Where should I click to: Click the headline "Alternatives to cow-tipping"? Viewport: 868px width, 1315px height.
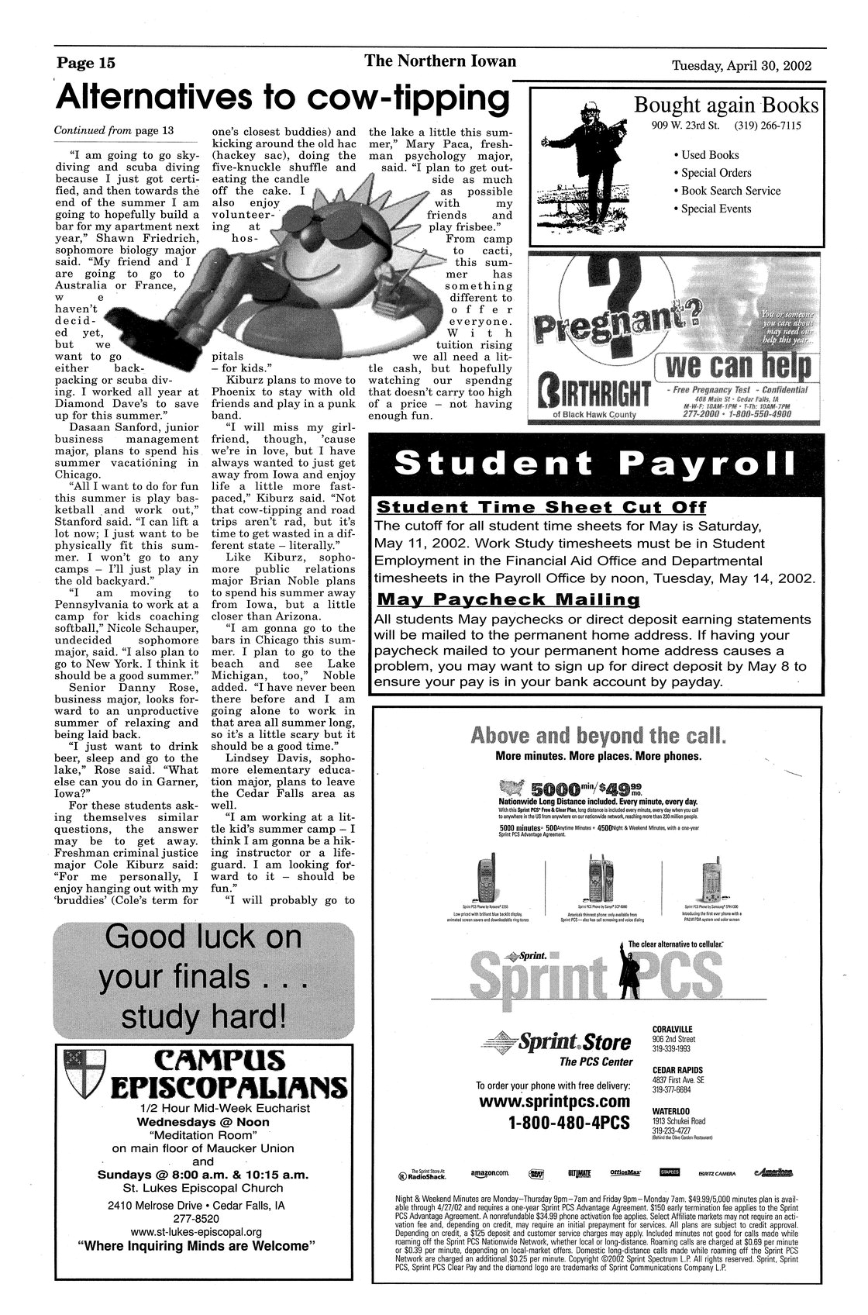tap(284, 99)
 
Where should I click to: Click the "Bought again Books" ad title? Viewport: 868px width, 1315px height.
tap(725, 105)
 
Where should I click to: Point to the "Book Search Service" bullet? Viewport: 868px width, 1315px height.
tap(731, 191)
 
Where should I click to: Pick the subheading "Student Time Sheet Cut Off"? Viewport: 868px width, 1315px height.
tap(541, 508)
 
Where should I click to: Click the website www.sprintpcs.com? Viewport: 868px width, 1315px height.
tap(554, 1102)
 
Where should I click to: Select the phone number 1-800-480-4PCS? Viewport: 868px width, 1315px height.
tap(568, 1123)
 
